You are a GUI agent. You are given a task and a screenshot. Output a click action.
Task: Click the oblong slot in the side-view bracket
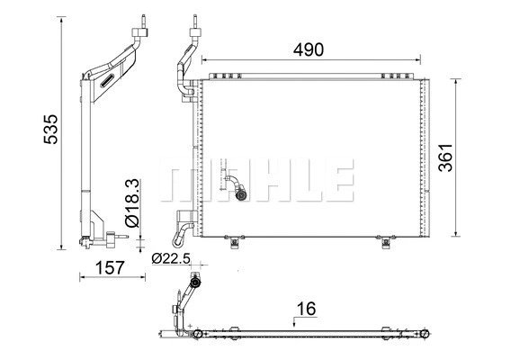[x=105, y=81]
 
